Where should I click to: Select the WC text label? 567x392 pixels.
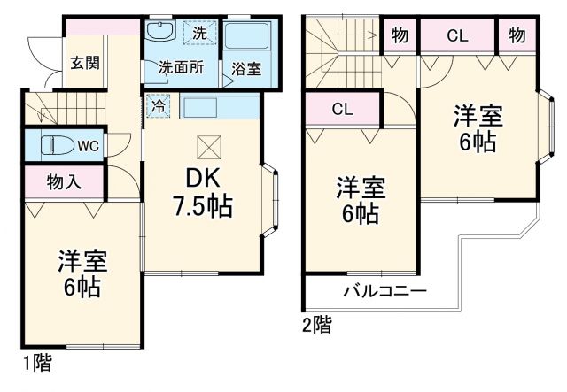pyautogui.click(x=87, y=144)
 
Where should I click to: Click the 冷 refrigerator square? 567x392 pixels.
pyautogui.click(x=157, y=104)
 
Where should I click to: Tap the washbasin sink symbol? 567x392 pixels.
pyautogui.click(x=161, y=33)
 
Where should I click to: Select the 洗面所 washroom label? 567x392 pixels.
pyautogui.click(x=181, y=66)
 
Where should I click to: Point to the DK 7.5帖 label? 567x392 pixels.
pyautogui.click(x=203, y=192)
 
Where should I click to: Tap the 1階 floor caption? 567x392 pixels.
pyautogui.click(x=36, y=362)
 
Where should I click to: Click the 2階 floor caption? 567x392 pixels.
pyautogui.click(x=317, y=325)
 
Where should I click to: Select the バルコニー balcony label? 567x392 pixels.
pyautogui.click(x=384, y=291)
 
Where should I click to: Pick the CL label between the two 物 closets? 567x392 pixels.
pyautogui.click(x=457, y=36)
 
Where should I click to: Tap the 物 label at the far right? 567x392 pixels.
pyautogui.click(x=517, y=36)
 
